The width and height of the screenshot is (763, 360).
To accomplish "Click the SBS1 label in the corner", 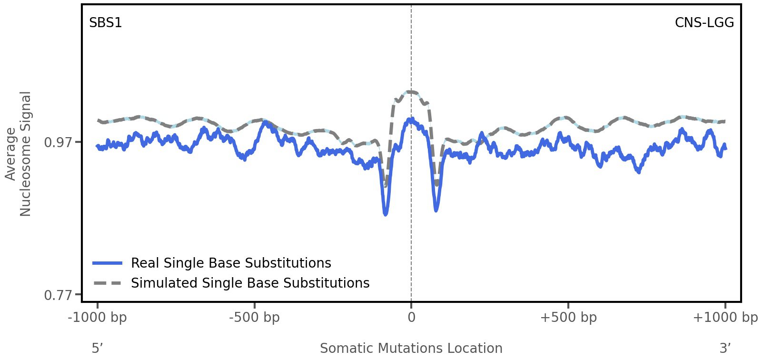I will pyautogui.click(x=106, y=23).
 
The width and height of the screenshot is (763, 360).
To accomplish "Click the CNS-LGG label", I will pyautogui.click(x=704, y=23).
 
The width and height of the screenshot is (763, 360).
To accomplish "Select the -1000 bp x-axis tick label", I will pyautogui.click(x=98, y=318).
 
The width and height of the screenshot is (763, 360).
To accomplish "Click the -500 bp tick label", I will pyautogui.click(x=254, y=318).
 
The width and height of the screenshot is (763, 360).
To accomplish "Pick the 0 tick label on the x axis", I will pyautogui.click(x=411, y=318).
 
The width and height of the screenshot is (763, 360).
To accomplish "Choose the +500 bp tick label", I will pyautogui.click(x=568, y=318).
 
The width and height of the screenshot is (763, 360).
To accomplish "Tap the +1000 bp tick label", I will pyautogui.click(x=725, y=318).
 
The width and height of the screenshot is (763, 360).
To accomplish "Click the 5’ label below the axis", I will pyautogui.click(x=98, y=349).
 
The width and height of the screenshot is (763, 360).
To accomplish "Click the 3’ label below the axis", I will pyautogui.click(x=725, y=349).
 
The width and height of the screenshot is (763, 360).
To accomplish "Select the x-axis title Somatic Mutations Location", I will pyautogui.click(x=411, y=349).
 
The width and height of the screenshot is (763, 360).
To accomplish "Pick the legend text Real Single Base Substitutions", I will pyautogui.click(x=231, y=263).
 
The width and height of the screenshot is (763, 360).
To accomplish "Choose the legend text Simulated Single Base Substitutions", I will pyautogui.click(x=250, y=283).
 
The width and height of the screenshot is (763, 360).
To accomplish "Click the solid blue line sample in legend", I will pyautogui.click(x=108, y=263).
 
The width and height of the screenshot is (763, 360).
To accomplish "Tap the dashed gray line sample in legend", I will pyautogui.click(x=108, y=283).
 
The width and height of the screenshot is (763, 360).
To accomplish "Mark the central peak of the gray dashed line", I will pyautogui.click(x=411, y=91).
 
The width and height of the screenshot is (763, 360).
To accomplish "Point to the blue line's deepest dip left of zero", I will pyautogui.click(x=386, y=214).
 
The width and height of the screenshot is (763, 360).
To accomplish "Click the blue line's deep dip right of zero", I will pyautogui.click(x=436, y=210).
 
